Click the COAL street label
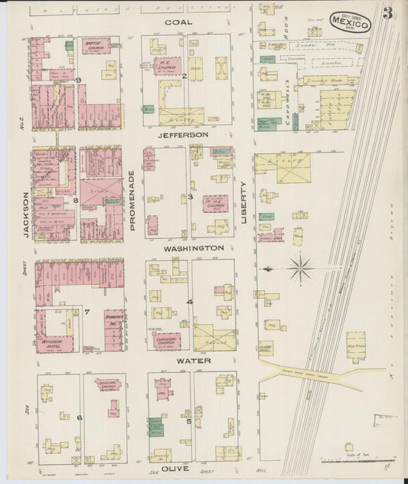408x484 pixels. point(179,22)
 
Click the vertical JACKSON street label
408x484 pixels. point(27,214)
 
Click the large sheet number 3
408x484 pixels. point(389,14)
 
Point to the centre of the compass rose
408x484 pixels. point(301,268)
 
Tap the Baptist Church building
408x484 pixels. point(95,46)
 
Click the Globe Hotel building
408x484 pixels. point(266,347)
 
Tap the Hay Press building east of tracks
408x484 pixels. point(356,346)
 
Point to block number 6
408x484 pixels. point(80,417)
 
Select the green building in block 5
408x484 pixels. point(158,426)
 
